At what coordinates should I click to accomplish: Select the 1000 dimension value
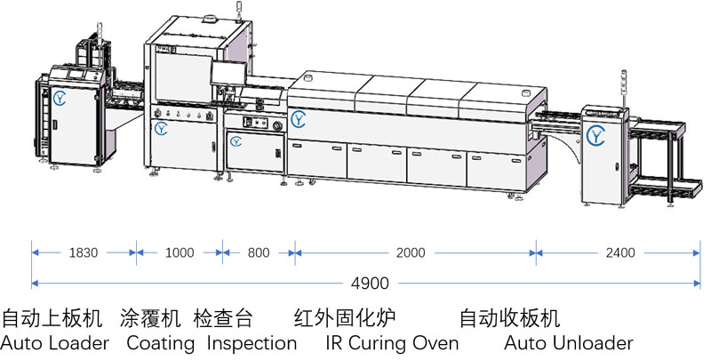tap(180, 252)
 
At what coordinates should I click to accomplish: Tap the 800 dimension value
tap(258, 252)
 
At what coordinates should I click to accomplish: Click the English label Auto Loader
tap(55, 343)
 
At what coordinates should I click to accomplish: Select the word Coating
tap(160, 343)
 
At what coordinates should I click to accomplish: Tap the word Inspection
tap(252, 343)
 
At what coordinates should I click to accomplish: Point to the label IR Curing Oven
tap(392, 343)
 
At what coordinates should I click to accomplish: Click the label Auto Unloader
tap(569, 343)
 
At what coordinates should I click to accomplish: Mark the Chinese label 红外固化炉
tap(345, 318)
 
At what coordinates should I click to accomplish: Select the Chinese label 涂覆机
tap(150, 318)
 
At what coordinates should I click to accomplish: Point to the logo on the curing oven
tap(300, 117)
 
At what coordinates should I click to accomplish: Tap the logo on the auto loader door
tap(60, 96)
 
